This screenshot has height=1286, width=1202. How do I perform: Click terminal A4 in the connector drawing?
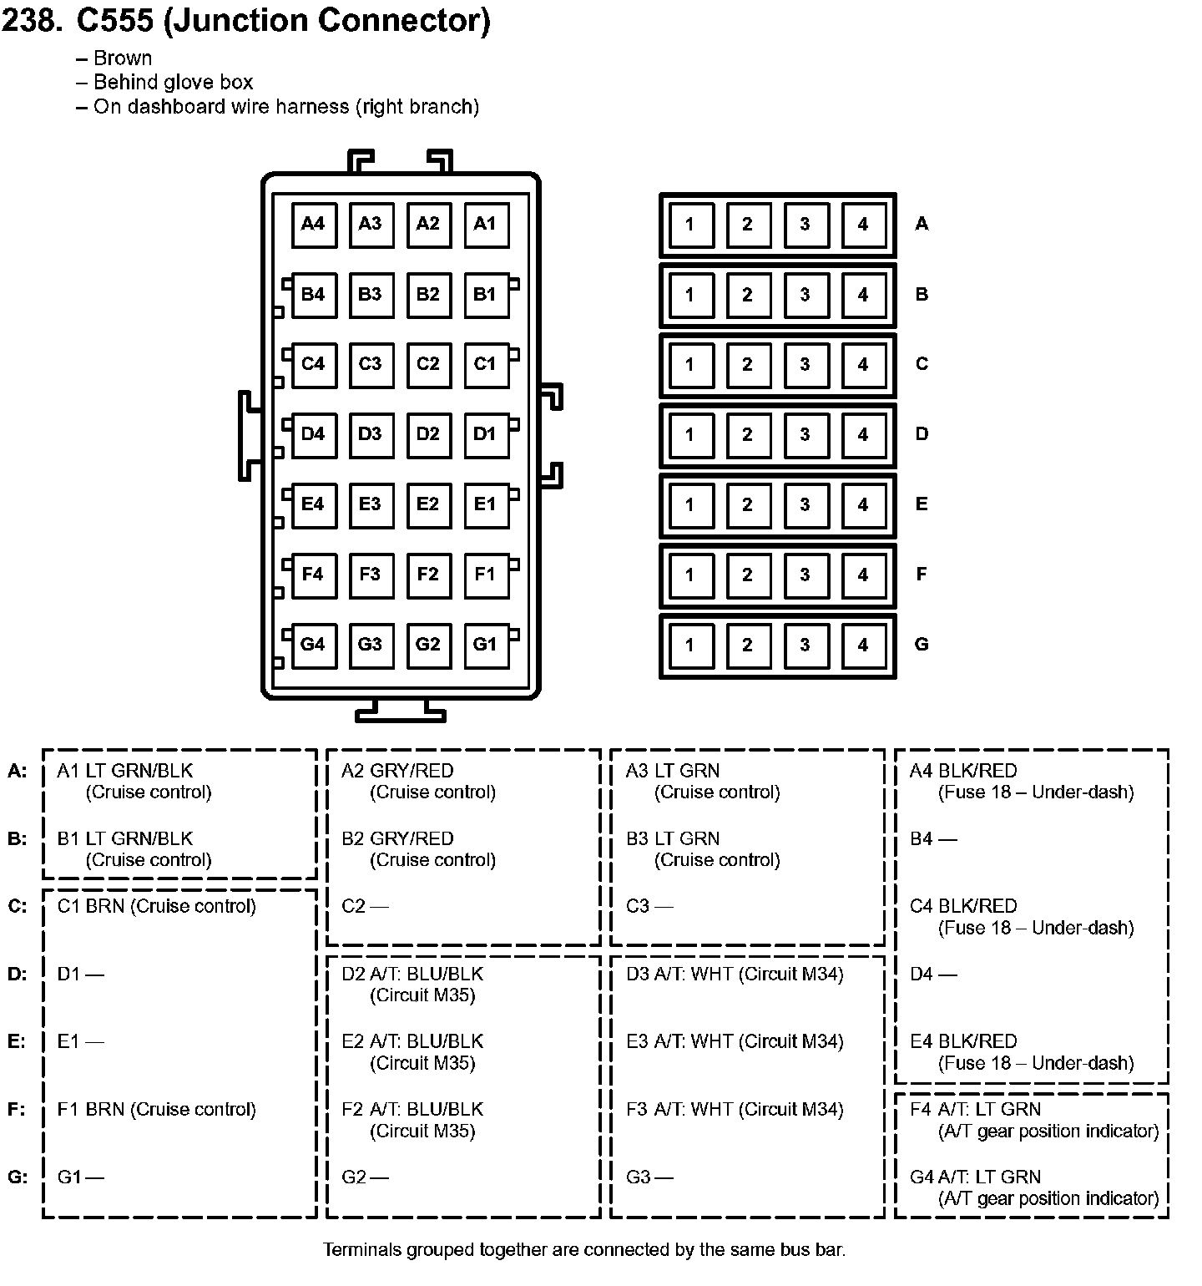(313, 224)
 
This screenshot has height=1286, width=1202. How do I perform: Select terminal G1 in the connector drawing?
(485, 644)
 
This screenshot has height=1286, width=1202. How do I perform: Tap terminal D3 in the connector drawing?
(370, 433)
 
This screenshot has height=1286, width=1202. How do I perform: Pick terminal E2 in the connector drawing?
(427, 504)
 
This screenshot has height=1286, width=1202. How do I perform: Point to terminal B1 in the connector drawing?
(485, 294)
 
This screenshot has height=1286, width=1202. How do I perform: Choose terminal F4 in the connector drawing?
(313, 574)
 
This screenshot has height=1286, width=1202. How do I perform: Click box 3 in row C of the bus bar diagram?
(805, 364)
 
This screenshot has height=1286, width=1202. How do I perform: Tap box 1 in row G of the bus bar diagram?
(689, 645)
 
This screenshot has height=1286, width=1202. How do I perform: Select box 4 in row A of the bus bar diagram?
(862, 224)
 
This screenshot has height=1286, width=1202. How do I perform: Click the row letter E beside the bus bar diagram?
(922, 504)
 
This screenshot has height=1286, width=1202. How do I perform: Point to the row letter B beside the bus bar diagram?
(922, 294)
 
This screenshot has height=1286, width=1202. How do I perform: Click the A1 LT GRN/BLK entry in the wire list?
(125, 771)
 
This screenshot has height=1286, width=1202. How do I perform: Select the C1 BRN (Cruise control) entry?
(156, 906)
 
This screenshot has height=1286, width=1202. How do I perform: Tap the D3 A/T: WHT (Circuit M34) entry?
(735, 974)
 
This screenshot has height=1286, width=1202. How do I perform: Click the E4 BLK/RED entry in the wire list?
(963, 1041)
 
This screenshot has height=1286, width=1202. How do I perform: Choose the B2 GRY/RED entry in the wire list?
(397, 838)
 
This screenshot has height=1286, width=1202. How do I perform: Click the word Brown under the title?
(123, 58)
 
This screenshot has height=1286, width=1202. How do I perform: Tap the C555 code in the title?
(114, 20)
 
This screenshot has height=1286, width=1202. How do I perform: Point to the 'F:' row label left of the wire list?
(17, 1109)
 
